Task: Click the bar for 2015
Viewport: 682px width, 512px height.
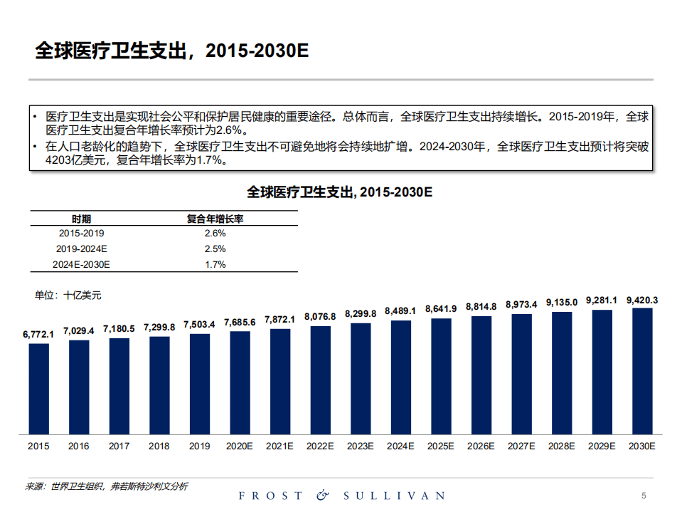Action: point(38,388)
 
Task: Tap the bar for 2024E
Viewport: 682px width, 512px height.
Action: point(400,377)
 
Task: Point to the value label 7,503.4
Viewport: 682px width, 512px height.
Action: point(199,324)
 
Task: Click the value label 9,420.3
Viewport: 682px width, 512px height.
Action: point(642,300)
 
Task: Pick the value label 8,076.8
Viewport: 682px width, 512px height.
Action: point(320,316)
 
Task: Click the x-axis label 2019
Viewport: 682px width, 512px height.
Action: point(199,446)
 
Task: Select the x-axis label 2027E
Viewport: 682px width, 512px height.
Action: point(521,446)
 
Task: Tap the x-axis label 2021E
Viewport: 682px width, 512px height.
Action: point(279,446)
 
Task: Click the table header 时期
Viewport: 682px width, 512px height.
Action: point(81,219)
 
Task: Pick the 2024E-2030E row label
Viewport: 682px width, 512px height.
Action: point(81,264)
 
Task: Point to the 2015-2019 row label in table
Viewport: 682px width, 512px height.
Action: point(81,233)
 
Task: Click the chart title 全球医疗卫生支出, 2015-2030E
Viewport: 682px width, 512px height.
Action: point(340,192)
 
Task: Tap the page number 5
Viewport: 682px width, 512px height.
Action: point(644,495)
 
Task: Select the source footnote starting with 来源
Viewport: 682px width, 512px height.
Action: point(107,486)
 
